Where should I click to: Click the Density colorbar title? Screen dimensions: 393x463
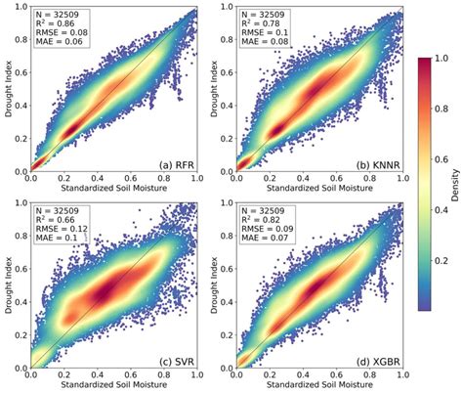(455, 183)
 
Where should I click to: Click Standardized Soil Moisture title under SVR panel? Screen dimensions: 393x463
(113, 386)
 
